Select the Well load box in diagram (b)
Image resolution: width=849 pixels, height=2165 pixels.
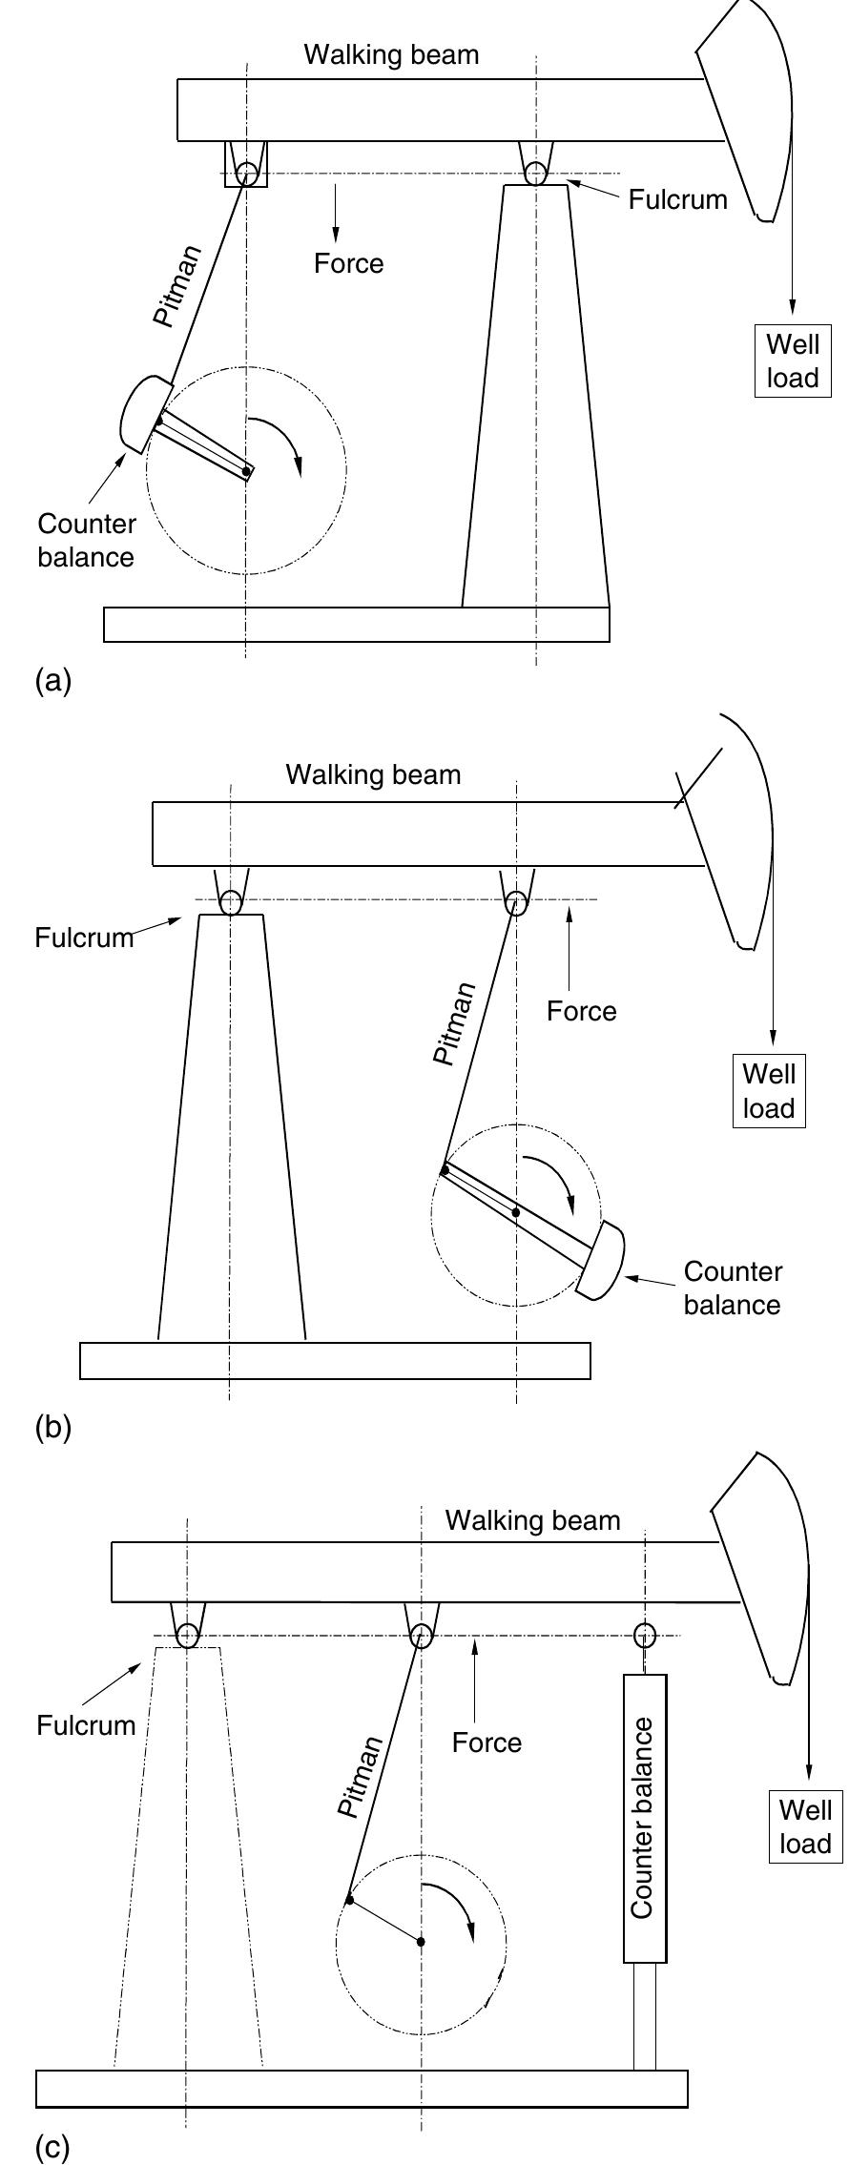(x=768, y=1091)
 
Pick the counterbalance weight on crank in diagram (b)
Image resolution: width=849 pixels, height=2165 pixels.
(x=602, y=1261)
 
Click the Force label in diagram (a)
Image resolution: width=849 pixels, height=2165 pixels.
(x=348, y=264)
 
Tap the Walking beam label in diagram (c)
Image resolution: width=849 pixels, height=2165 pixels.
(x=532, y=1519)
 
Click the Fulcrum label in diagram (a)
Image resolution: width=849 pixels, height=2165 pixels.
(x=677, y=199)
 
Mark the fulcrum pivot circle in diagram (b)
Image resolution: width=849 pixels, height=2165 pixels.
(x=230, y=901)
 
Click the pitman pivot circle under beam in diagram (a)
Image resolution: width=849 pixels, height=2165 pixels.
(x=247, y=174)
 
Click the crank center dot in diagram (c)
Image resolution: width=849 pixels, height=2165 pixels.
(x=421, y=1941)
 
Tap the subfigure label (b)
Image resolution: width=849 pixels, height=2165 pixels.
(x=52, y=1428)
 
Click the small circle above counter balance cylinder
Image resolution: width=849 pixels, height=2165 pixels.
(x=645, y=1636)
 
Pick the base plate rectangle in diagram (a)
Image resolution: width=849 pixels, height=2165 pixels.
(x=356, y=624)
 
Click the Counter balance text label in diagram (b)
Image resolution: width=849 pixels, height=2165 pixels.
(x=733, y=1288)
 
